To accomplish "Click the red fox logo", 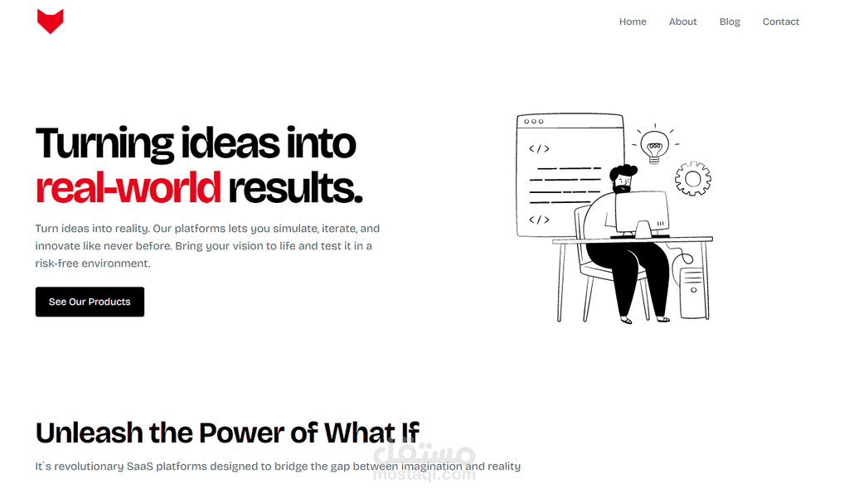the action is [51, 21].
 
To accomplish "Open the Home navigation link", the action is [633, 22].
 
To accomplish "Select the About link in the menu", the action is [683, 22].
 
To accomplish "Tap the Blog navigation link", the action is [730, 22].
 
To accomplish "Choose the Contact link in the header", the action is [781, 22].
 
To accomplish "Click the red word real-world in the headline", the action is [129, 188].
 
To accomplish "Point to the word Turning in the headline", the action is [104, 144].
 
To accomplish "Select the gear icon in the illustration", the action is [692, 178].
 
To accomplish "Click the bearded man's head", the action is [623, 178].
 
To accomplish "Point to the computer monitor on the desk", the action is [643, 213].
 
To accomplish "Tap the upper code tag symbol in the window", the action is [539, 148].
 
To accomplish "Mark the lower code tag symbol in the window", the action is [539, 220].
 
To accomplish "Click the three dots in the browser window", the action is [533, 121].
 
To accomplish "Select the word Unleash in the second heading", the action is [90, 433].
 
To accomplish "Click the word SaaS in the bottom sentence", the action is [139, 466].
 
